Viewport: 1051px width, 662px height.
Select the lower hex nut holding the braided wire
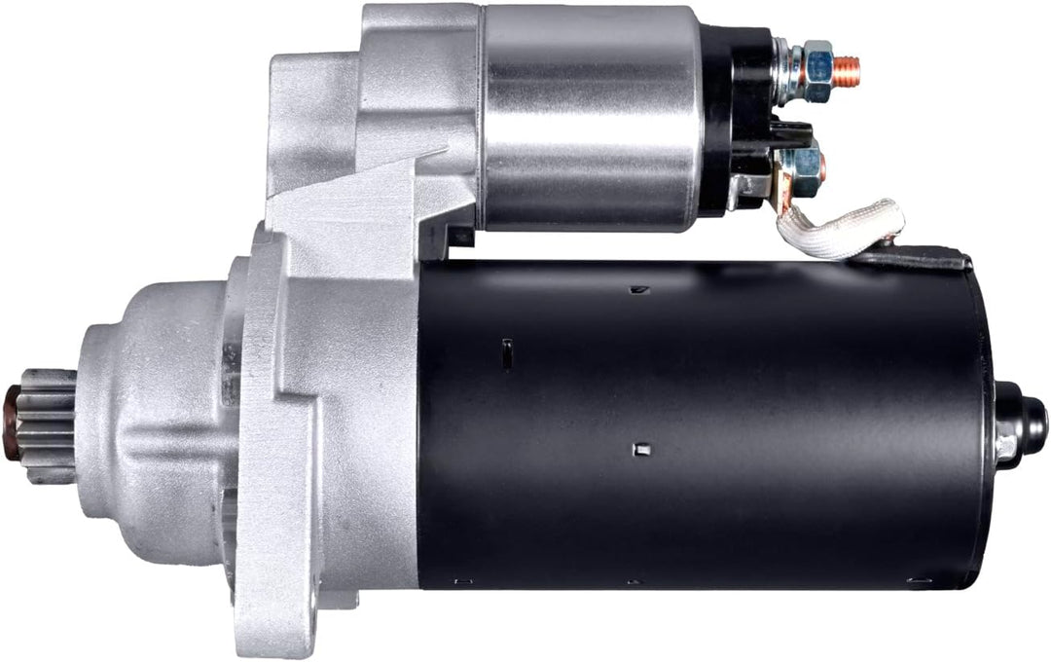tap(803, 167)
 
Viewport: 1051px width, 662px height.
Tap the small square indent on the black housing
tap(639, 449)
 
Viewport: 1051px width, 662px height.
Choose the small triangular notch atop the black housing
tap(636, 289)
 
